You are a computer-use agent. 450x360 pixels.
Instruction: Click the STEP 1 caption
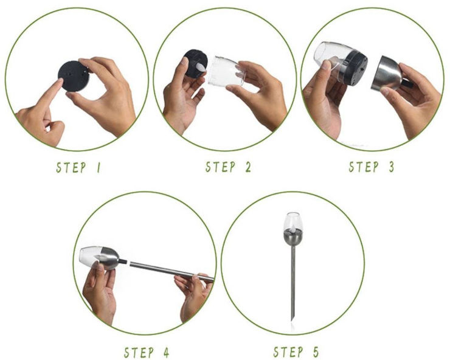click(78, 167)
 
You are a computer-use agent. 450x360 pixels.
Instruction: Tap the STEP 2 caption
click(229, 167)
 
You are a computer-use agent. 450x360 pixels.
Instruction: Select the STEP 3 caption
click(372, 167)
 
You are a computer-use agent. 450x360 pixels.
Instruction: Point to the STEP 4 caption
click(147, 352)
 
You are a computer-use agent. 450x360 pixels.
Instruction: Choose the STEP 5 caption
click(296, 351)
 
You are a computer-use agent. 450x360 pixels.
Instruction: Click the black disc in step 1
click(74, 76)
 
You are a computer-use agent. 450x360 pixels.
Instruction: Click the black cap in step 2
click(195, 63)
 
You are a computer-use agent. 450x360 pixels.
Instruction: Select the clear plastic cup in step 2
click(226, 71)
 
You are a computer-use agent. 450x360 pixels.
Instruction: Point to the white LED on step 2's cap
click(201, 68)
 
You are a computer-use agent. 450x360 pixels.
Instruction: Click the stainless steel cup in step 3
click(387, 73)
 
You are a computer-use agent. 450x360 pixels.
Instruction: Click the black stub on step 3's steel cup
click(407, 83)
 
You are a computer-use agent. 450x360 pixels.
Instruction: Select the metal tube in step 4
click(171, 271)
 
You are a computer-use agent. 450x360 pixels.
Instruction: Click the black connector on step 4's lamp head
click(123, 261)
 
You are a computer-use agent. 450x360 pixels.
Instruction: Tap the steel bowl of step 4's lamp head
click(108, 258)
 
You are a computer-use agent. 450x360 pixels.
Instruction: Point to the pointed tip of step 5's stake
click(292, 320)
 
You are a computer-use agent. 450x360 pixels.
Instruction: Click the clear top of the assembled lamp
click(292, 222)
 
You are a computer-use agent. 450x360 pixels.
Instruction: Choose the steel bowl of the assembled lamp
click(293, 238)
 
